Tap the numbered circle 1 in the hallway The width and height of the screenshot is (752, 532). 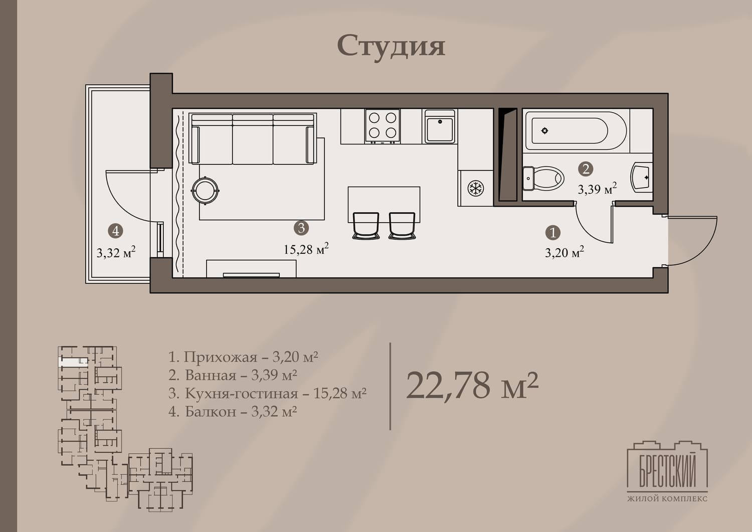click(553, 233)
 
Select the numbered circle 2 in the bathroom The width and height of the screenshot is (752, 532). click(586, 169)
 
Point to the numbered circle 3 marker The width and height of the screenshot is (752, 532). click(301, 228)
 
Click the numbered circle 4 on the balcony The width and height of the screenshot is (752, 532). click(115, 231)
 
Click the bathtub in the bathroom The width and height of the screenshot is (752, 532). click(576, 131)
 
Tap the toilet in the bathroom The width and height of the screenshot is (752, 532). click(543, 179)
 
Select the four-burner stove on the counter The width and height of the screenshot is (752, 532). click(383, 126)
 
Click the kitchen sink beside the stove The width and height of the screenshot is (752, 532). click(440, 126)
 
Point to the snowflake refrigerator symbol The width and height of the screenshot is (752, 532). click(476, 188)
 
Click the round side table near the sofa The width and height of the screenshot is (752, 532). click(205, 191)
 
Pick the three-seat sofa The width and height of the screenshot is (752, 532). click(253, 139)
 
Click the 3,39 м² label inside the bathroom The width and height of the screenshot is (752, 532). click(597, 189)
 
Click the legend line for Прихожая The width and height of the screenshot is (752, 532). click(243, 357)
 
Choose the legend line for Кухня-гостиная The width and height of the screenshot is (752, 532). click(267, 393)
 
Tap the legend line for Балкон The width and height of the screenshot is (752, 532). click(233, 412)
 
